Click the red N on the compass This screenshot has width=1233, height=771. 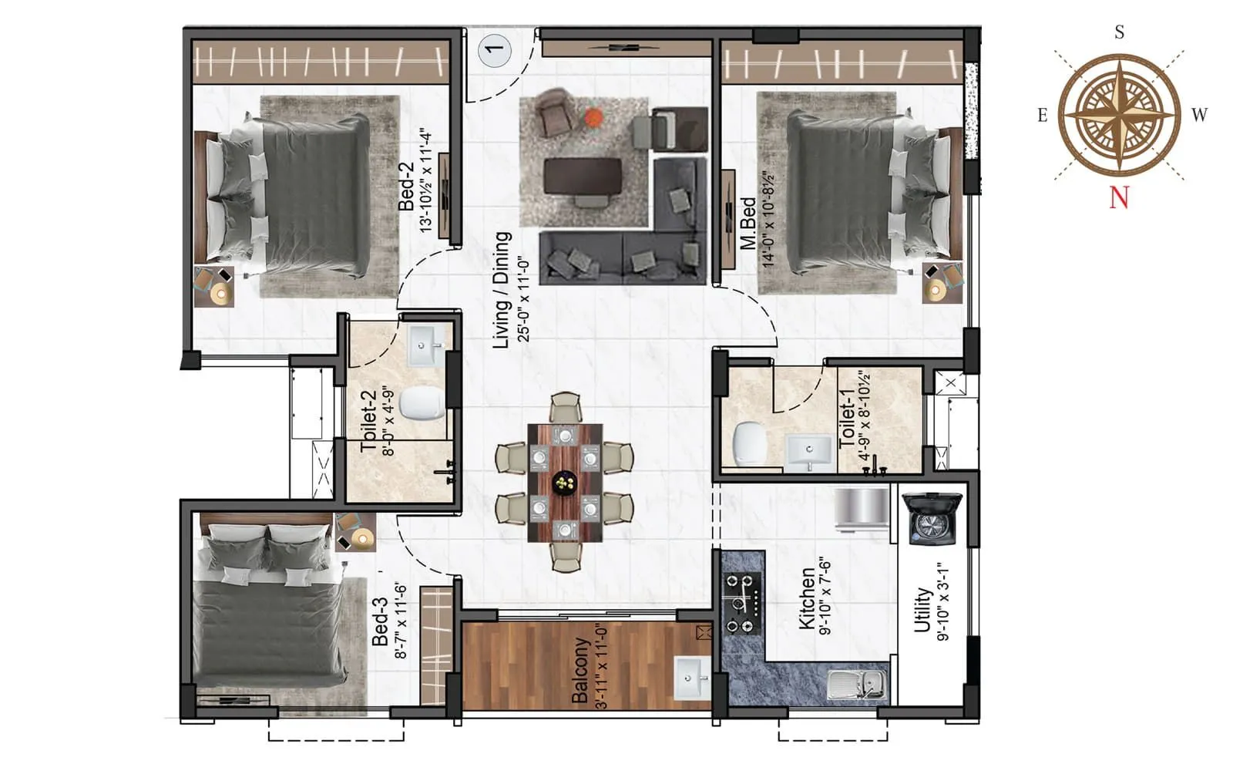1119,198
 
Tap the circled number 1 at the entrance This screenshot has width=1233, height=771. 494,49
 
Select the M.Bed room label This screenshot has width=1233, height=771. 748,224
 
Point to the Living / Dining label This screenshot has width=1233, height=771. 502,290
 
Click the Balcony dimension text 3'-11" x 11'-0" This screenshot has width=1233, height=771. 602,667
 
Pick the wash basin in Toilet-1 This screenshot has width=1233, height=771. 809,451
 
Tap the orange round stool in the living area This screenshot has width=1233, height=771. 593,117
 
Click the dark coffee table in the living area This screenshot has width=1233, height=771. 583,176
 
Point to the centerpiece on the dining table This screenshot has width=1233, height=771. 566,483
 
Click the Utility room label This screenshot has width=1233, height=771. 922,611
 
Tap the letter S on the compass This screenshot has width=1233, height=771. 1119,32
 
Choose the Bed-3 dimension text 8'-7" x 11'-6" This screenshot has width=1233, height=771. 401,620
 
